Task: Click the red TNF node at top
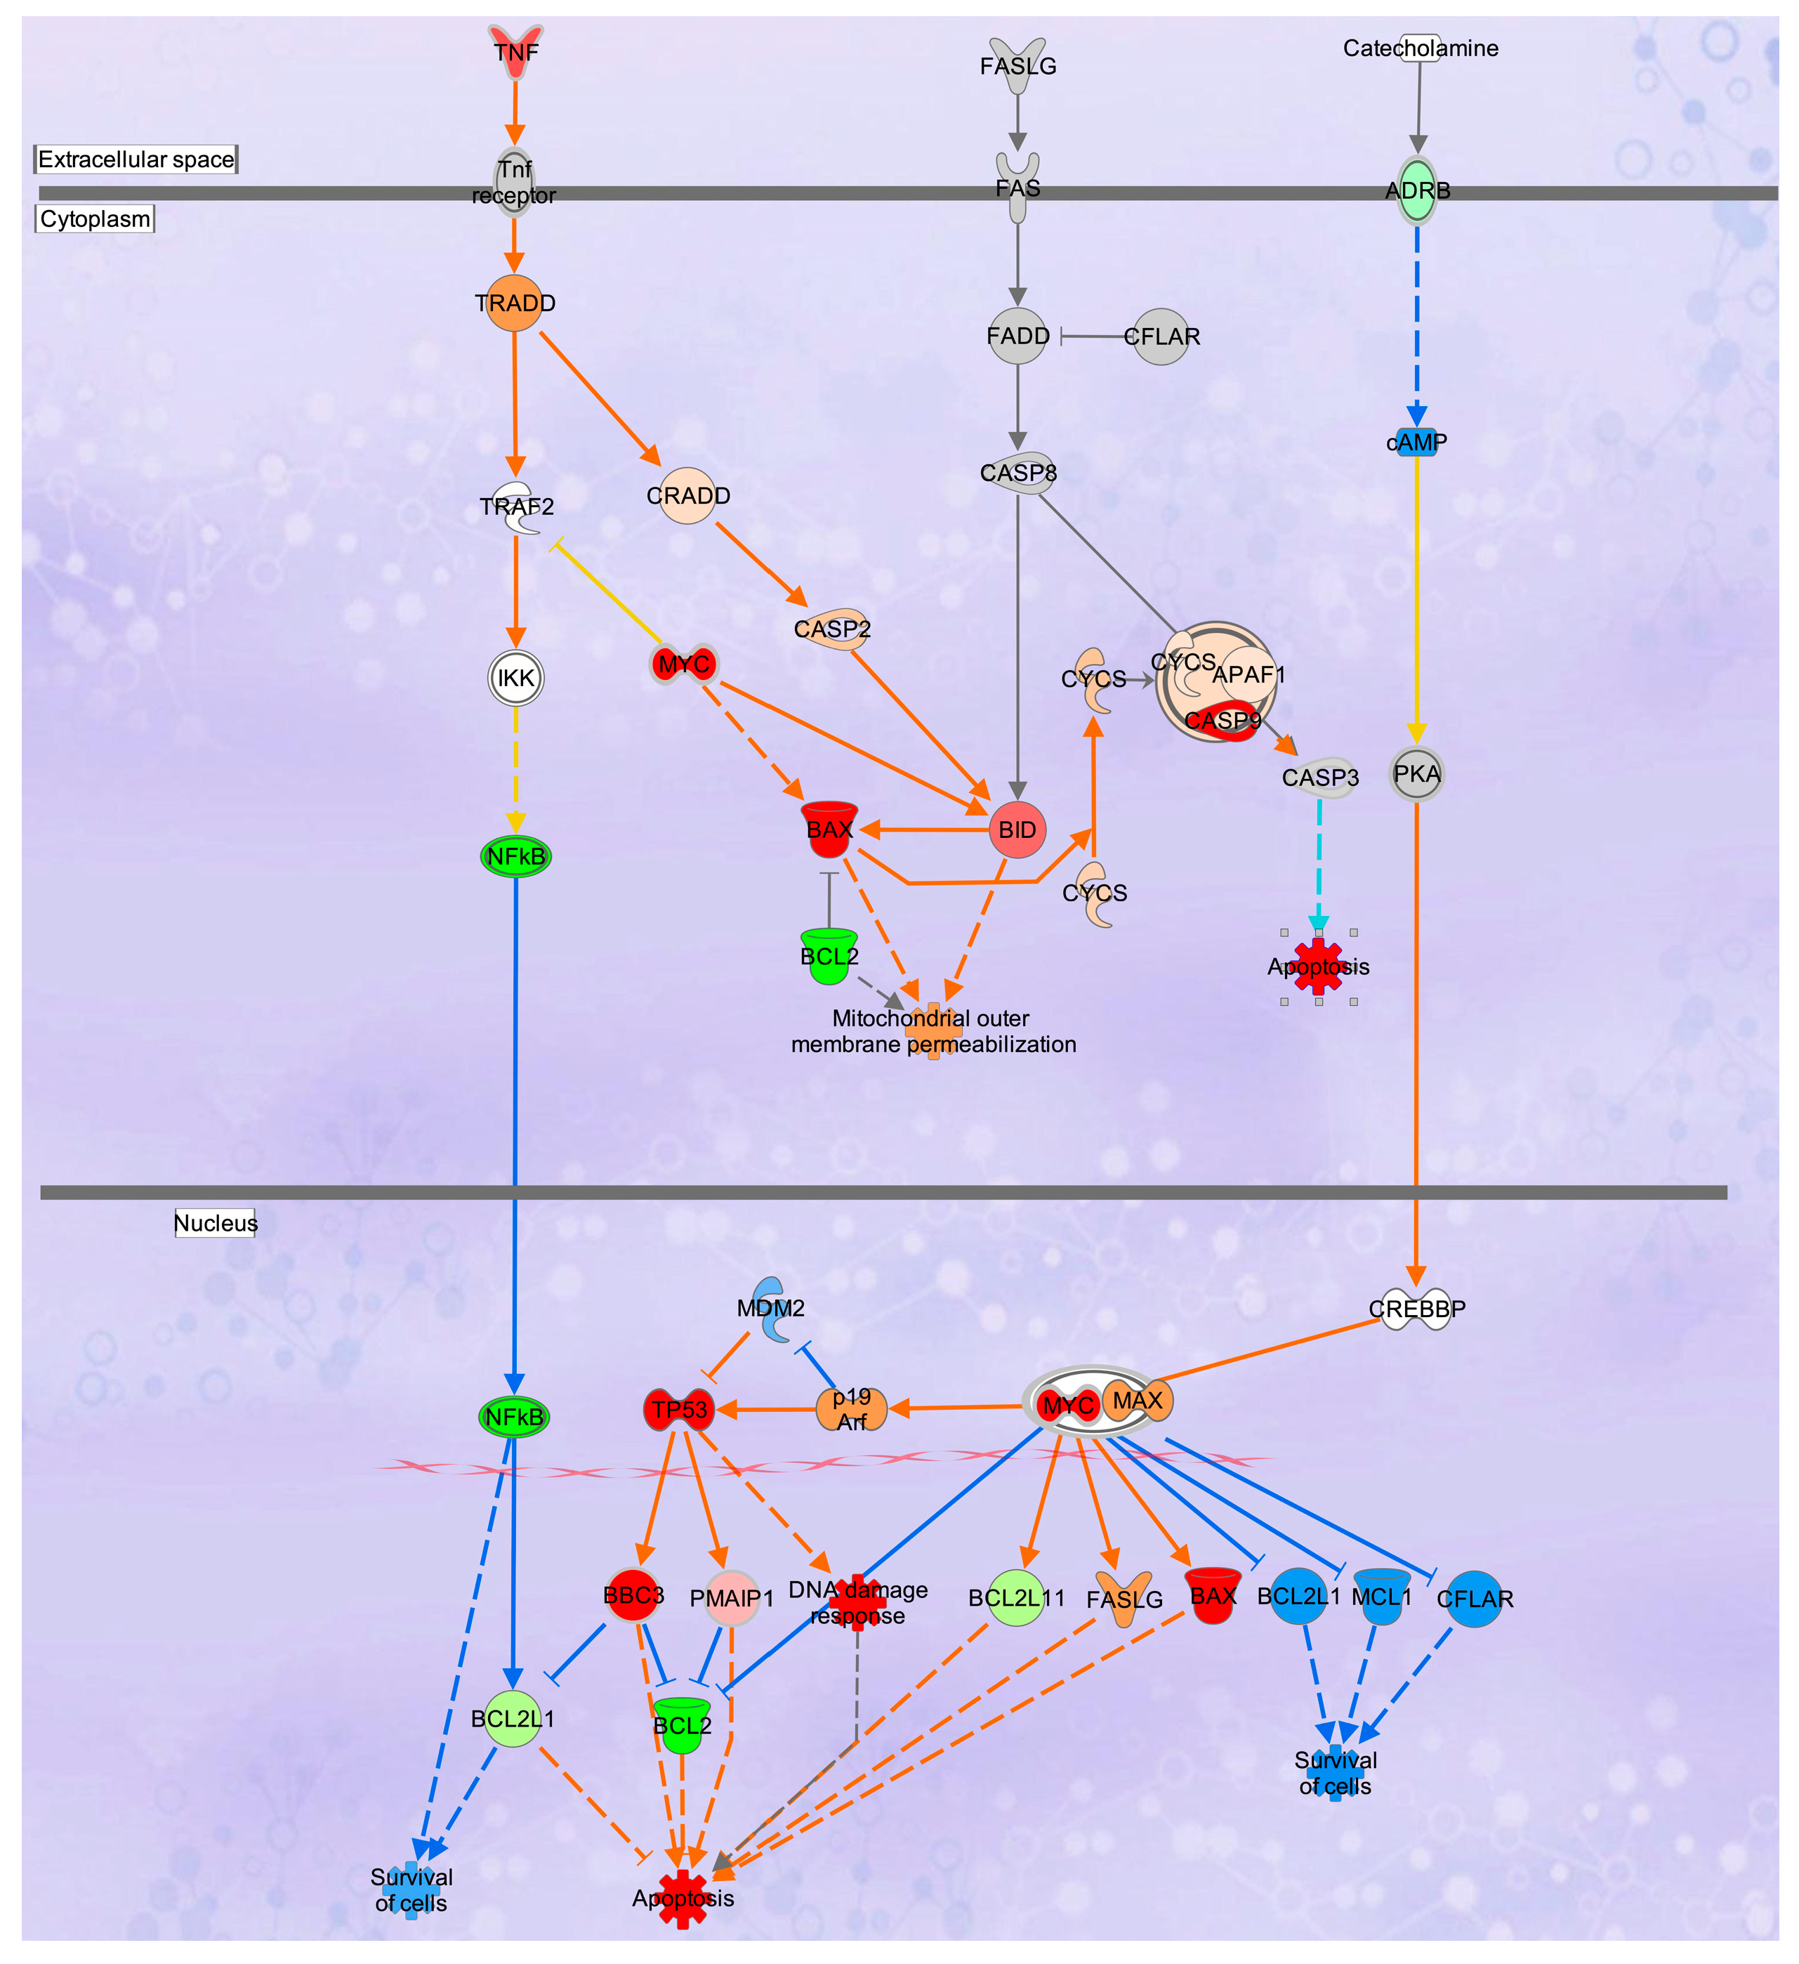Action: [x=515, y=51]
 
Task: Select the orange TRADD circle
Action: [x=514, y=303]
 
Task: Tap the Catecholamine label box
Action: [x=1419, y=48]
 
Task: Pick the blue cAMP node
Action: [x=1416, y=443]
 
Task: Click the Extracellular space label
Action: [x=136, y=159]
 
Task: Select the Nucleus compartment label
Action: [x=216, y=1224]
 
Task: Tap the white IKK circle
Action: [x=515, y=678]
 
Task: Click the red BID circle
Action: [x=1017, y=830]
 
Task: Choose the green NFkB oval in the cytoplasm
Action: [x=515, y=857]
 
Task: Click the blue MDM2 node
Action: [x=772, y=1309]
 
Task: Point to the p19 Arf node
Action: [x=851, y=1408]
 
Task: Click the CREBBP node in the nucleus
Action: [x=1416, y=1309]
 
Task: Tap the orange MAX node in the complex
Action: [x=1138, y=1401]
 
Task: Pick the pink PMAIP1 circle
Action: [x=732, y=1598]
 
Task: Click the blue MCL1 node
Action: [x=1381, y=1598]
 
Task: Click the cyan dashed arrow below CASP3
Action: [x=1319, y=857]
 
